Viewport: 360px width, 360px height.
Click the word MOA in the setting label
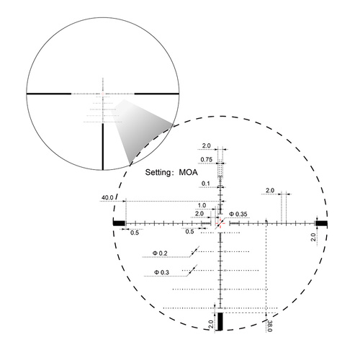(189, 174)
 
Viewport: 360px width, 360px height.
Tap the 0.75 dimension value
(207, 159)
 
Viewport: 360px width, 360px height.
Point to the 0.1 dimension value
(207, 184)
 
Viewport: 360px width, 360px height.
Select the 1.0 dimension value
(202, 205)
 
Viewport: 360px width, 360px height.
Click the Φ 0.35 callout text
(238, 214)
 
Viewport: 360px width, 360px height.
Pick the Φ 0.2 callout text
(160, 253)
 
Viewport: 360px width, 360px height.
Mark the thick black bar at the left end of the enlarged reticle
(120, 223)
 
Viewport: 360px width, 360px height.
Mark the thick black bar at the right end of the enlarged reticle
(321, 223)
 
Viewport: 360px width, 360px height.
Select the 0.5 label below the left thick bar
(135, 233)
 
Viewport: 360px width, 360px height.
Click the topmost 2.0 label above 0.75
(207, 145)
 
